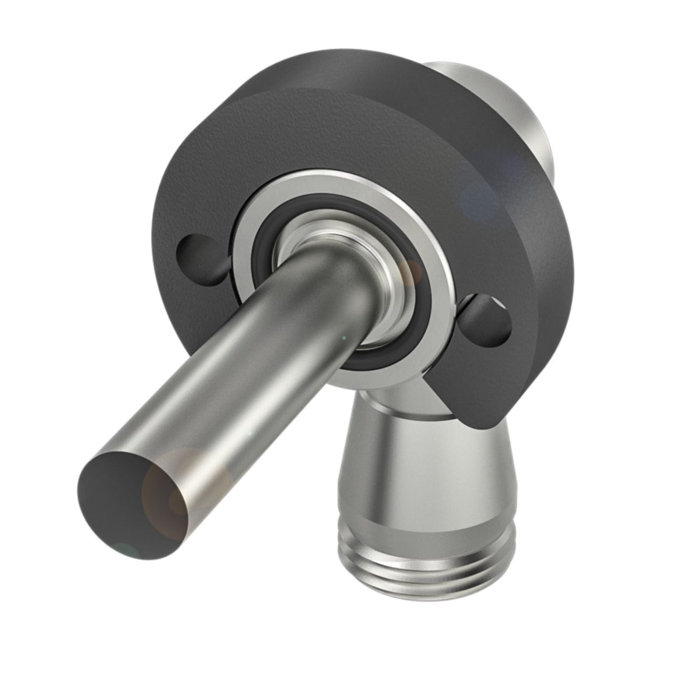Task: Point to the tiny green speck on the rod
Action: click(344, 338)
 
